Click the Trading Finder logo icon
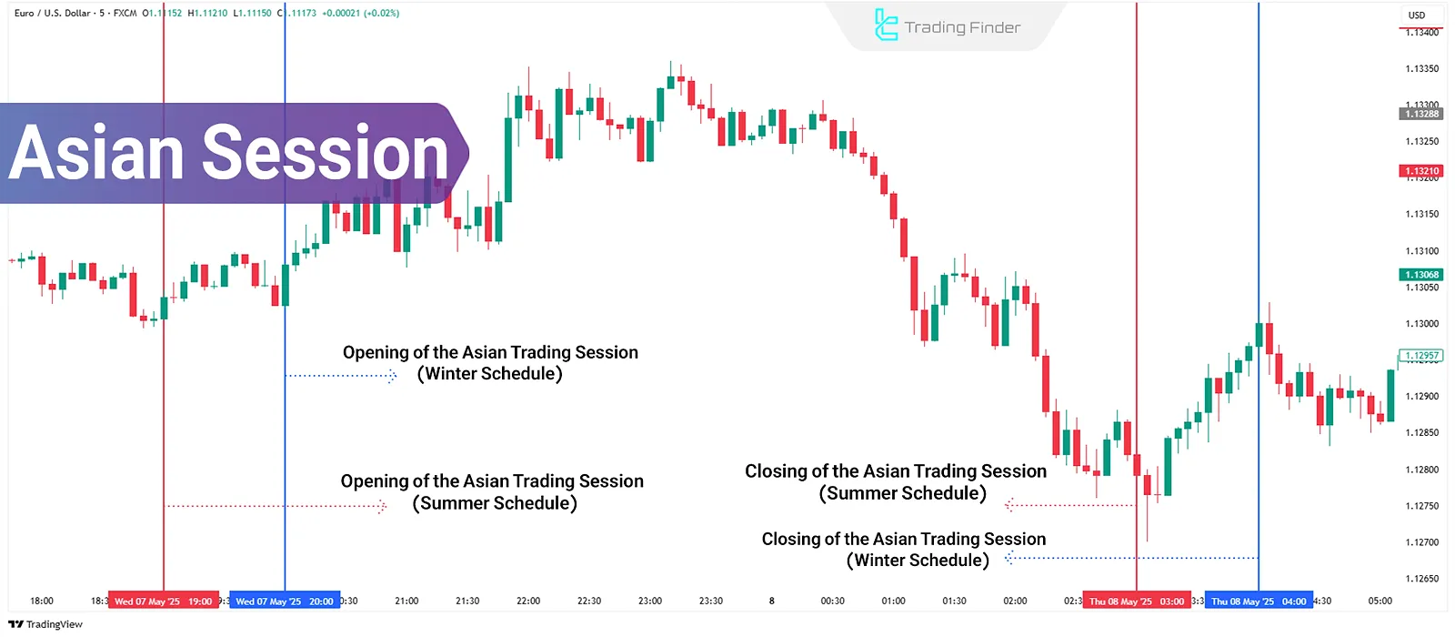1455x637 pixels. pyautogui.click(x=885, y=25)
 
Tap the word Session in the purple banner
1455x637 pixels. pyautogui.click(x=325, y=153)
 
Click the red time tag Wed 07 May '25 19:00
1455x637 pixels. pyautogui.click(x=163, y=601)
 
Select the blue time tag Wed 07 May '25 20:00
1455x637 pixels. pyautogui.click(x=284, y=601)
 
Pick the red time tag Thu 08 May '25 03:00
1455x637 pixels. pyautogui.click(x=1137, y=601)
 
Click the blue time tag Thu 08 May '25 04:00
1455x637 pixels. pyautogui.click(x=1259, y=601)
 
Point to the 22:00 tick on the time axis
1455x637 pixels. pyautogui.click(x=528, y=601)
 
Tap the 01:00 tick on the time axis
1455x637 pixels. pyautogui.click(x=893, y=601)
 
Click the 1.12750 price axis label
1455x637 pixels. pyautogui.click(x=1421, y=506)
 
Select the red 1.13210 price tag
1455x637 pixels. pyautogui.click(x=1421, y=171)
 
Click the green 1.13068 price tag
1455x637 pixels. pyautogui.click(x=1421, y=275)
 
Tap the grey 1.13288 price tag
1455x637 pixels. pyautogui.click(x=1421, y=114)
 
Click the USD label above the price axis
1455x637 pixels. pyautogui.click(x=1417, y=15)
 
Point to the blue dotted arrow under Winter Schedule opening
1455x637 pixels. pyautogui.click(x=341, y=375)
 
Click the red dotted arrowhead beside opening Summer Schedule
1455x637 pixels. pyautogui.click(x=383, y=506)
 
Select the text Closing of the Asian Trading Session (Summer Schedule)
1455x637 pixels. pyautogui.click(x=897, y=482)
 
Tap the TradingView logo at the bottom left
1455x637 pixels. pyautogui.click(x=45, y=624)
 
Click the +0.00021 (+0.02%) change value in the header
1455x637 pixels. pyautogui.click(x=360, y=13)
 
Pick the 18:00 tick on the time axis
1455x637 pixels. pyautogui.click(x=42, y=601)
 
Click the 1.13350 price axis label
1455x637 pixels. pyautogui.click(x=1421, y=68)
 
